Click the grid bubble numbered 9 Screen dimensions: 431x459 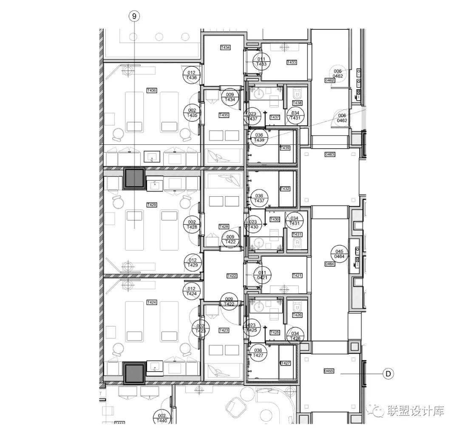pos(134,17)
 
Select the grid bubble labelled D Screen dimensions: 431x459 pos(388,374)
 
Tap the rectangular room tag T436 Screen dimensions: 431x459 pos(152,90)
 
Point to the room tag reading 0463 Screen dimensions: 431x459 pos(330,155)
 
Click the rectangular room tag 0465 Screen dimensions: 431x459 pos(329,371)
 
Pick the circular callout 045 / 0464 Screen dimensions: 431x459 pos(339,254)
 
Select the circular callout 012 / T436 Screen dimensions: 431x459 pos(192,75)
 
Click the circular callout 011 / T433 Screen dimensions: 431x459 pos(261,62)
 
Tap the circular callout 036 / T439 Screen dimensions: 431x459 pos(259,137)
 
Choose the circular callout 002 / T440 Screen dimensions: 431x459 pos(161,418)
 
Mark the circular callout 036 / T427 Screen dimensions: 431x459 pos(258,353)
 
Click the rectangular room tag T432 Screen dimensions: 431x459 pos(285,189)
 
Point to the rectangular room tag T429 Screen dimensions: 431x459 pos(152,205)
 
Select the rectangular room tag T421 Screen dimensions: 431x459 pos(297,276)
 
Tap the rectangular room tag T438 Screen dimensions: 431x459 pos(297,103)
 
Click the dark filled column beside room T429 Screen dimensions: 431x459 pos(134,178)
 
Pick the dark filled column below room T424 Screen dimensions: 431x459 pos(134,373)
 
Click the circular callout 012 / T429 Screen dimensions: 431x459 pos(193,262)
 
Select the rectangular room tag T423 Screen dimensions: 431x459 pos(224,330)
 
